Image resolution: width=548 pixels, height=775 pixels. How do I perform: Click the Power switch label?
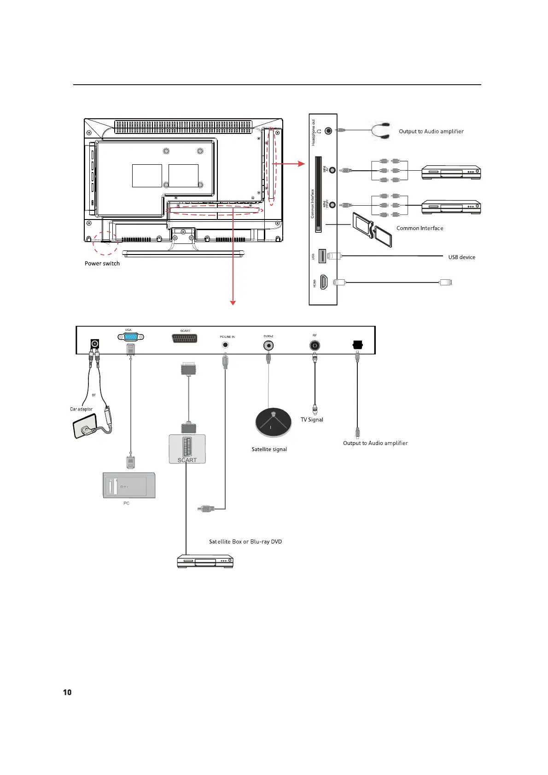click(102, 264)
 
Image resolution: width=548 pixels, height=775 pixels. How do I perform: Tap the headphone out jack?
click(328, 130)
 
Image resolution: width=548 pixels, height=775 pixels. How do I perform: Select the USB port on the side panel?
click(322, 256)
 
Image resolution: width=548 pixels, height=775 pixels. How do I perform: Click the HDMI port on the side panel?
click(324, 282)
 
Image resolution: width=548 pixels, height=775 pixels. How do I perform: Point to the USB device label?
click(461, 257)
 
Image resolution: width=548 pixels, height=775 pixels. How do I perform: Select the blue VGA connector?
click(131, 337)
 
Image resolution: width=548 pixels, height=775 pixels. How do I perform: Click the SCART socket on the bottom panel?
click(185, 339)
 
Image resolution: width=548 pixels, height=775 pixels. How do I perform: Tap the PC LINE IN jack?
click(226, 344)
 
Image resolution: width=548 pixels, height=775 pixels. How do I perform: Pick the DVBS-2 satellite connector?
click(268, 345)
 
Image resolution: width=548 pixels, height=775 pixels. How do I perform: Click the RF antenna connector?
click(315, 345)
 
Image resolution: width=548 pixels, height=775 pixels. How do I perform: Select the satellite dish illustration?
click(274, 422)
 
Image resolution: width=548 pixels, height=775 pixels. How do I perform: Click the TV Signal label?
click(312, 420)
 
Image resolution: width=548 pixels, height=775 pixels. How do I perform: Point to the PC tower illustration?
click(129, 485)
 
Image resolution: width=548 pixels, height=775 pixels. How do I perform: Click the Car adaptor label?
click(81, 409)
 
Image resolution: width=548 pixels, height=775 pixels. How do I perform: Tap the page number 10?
click(67, 692)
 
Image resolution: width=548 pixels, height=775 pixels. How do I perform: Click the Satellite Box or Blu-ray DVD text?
click(245, 542)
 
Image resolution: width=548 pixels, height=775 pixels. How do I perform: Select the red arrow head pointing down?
click(233, 302)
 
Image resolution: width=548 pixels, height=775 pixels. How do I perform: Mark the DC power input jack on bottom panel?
click(95, 344)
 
